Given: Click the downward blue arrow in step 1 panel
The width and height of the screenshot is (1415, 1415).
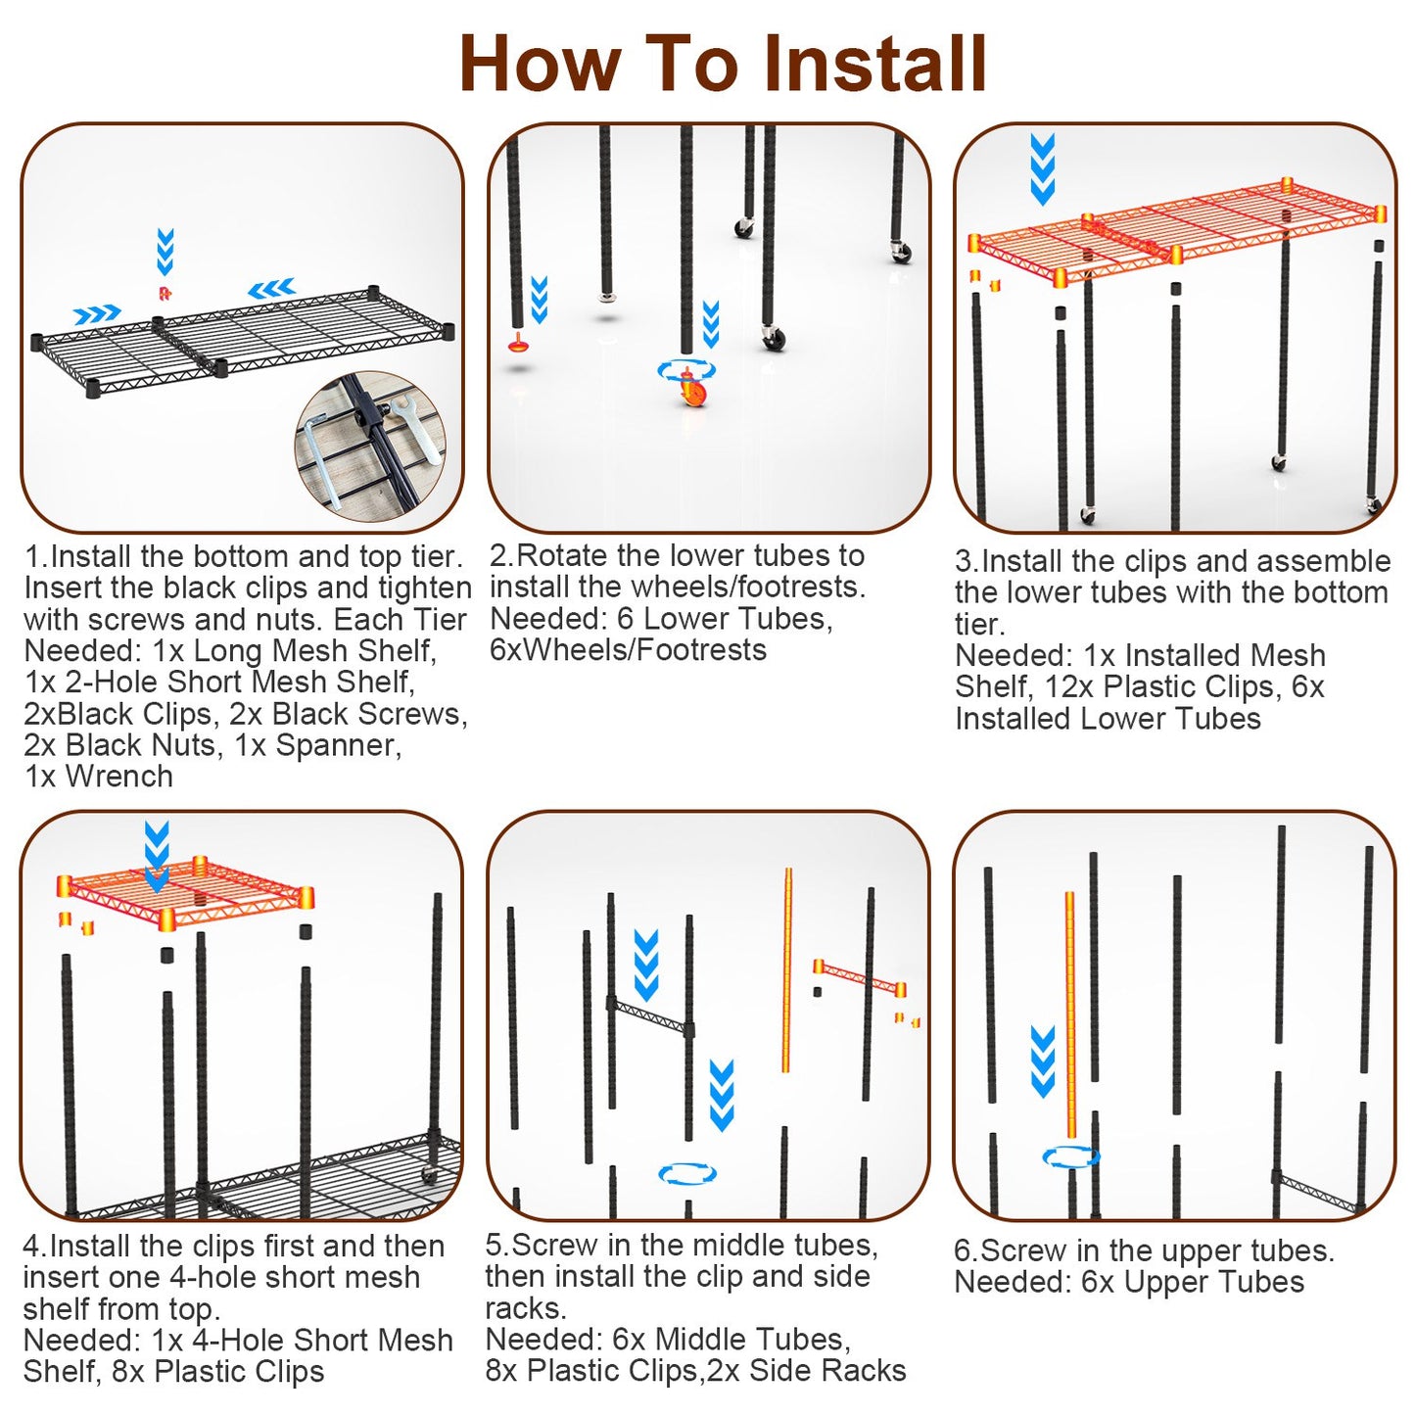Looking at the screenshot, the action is point(165,251).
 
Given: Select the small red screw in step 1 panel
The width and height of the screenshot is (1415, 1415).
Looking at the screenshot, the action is point(165,293).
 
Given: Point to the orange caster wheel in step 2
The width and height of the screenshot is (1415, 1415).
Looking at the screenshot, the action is point(691,387).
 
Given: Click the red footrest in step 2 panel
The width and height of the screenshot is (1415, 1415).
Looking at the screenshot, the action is point(518,342).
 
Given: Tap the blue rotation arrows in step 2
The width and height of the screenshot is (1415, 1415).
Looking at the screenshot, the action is point(685,369).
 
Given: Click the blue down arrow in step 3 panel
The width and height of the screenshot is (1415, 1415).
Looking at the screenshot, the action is point(1043,168).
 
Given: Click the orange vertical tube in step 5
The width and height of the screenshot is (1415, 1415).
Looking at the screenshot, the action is point(787,970).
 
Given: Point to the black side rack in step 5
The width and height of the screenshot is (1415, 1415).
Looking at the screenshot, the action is point(650,1015).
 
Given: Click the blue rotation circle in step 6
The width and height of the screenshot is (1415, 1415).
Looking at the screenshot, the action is point(1071,1158).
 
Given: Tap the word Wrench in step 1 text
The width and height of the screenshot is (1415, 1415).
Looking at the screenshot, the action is point(119,777).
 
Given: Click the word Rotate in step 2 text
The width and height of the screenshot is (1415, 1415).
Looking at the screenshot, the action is point(562,556).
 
